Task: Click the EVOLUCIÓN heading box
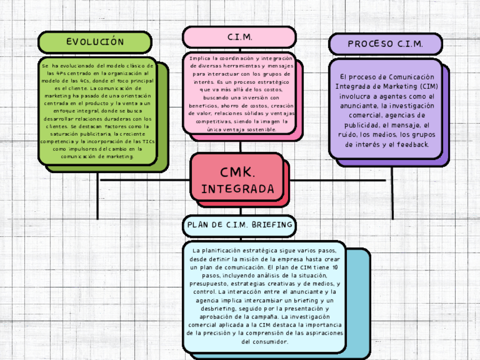click(95, 42)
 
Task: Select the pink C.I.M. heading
click(239, 37)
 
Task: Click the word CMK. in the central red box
click(238, 172)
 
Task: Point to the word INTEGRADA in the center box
click(238, 188)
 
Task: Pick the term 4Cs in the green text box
click(85, 81)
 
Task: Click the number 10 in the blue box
click(336, 267)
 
